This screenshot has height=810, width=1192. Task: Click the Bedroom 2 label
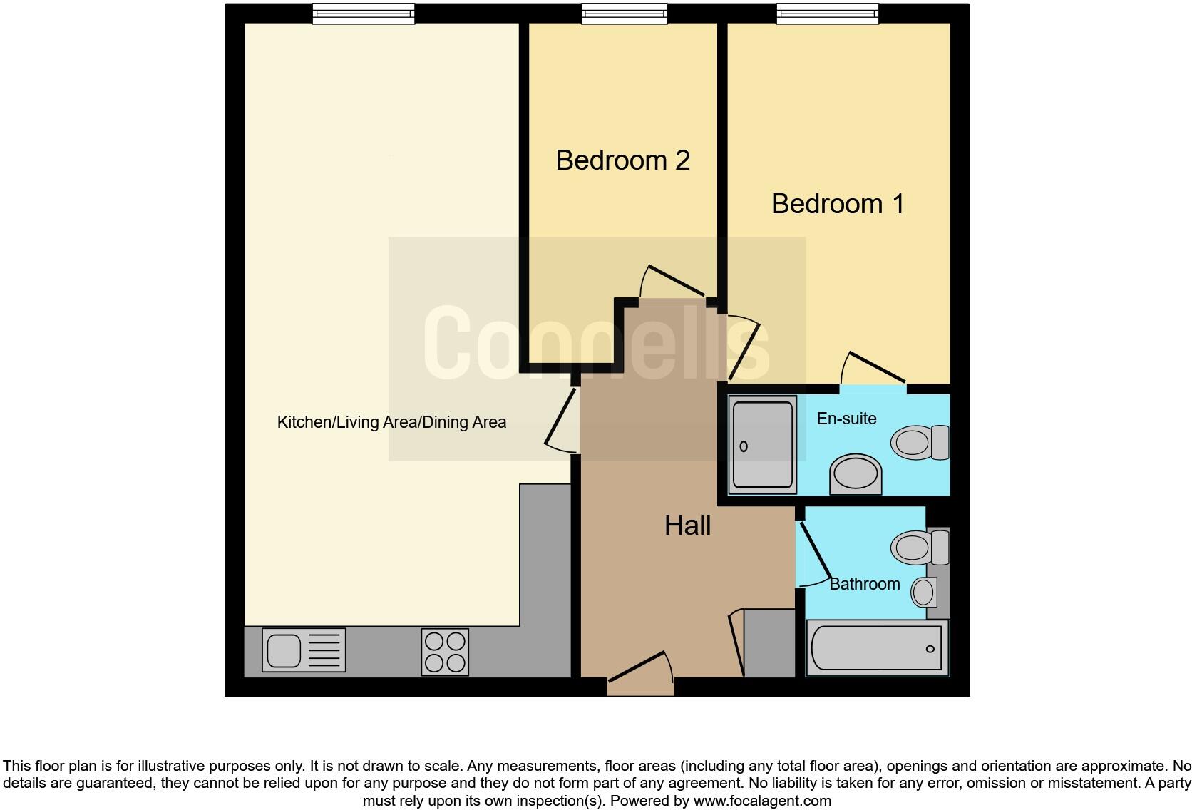tap(622, 160)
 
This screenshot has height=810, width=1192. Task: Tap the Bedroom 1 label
tap(838, 204)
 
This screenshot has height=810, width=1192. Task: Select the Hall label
tap(687, 526)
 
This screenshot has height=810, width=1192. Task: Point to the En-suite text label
tap(846, 419)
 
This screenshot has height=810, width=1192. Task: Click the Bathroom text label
tap(864, 584)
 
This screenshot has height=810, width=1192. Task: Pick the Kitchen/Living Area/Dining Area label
tap(391, 422)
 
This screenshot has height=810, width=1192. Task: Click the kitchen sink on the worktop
tap(304, 650)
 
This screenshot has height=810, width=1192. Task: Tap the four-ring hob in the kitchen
tap(445, 651)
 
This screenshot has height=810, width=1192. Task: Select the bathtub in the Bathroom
tap(877, 648)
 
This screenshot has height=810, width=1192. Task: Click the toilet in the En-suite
tap(919, 443)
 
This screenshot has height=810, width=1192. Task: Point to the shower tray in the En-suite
tap(762, 445)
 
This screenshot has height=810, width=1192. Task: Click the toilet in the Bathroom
tap(919, 547)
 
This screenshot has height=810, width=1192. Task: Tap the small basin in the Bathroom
tap(925, 592)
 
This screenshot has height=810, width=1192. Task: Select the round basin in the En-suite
tap(856, 473)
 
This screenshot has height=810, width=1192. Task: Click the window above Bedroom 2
tap(625, 14)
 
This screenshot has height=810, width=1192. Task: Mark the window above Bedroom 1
tap(827, 14)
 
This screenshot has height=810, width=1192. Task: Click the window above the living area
tap(364, 14)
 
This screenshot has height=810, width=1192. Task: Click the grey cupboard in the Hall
tap(769, 643)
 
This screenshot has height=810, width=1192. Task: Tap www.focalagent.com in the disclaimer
tap(762, 801)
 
